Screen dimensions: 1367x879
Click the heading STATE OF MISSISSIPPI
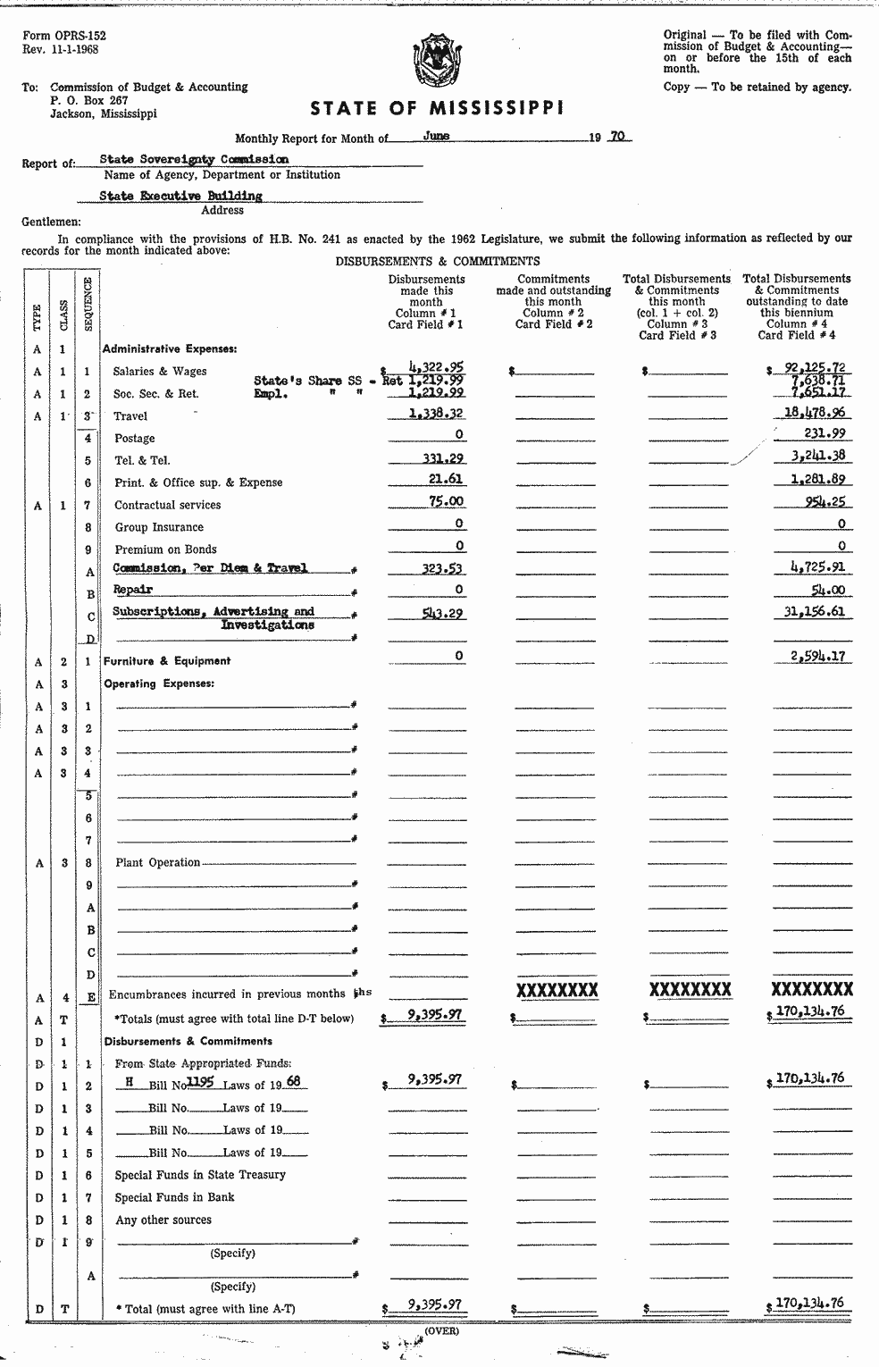(437, 109)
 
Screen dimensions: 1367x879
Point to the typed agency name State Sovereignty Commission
(194, 159)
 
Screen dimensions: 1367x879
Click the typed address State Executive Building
(180, 196)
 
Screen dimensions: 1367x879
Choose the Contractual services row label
(167, 505)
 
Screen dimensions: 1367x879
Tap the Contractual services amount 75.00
(446, 502)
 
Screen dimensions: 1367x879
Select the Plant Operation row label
(157, 862)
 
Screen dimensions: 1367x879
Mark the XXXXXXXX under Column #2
(557, 990)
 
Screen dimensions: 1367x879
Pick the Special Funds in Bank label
(174, 1197)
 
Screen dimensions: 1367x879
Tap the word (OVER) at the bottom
(441, 1330)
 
